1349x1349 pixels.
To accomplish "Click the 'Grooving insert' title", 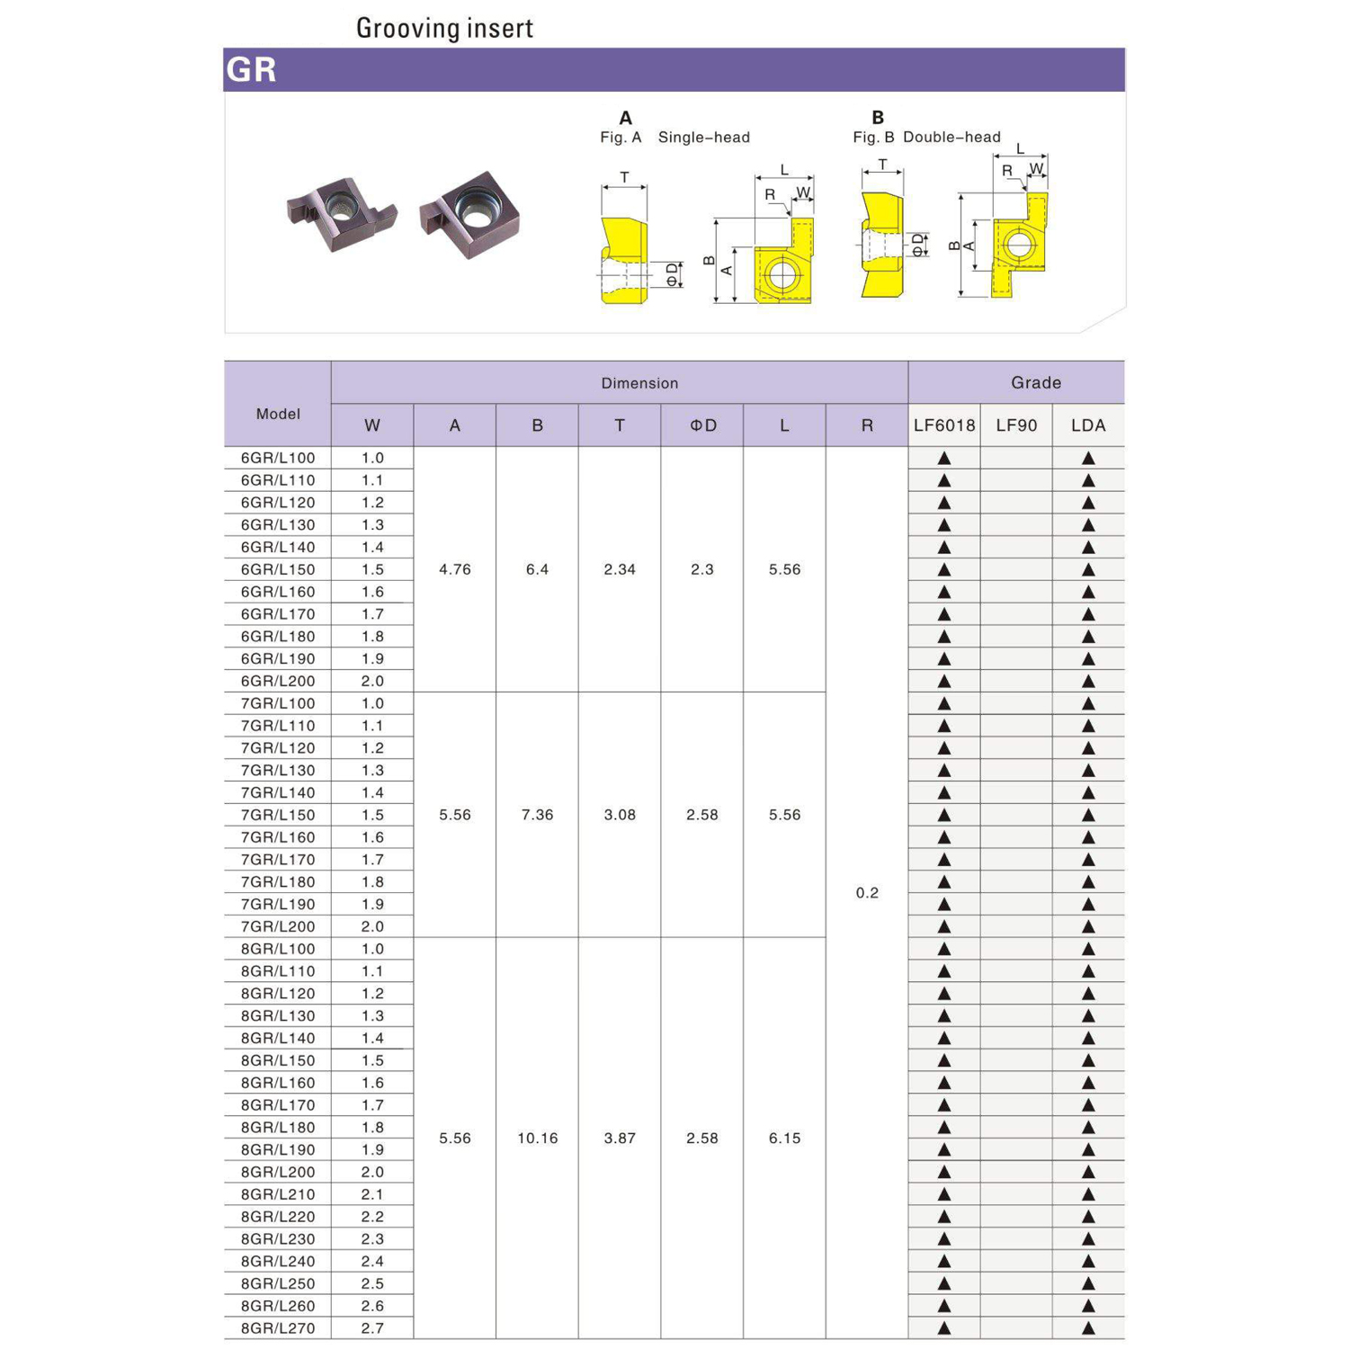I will pyautogui.click(x=444, y=28).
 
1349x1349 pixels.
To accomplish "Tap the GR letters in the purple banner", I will pyautogui.click(x=252, y=69).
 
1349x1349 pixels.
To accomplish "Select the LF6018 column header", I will pyautogui.click(x=943, y=425).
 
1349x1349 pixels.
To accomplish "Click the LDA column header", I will pyautogui.click(x=1088, y=425).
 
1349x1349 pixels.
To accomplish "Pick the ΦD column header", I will pyautogui.click(x=702, y=425).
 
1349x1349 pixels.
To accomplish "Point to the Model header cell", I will pyautogui.click(x=278, y=414).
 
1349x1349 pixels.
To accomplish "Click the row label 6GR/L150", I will pyautogui.click(x=278, y=569).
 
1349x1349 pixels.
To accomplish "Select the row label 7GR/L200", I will pyautogui.click(x=278, y=926).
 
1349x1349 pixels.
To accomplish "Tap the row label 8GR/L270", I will pyautogui.click(x=278, y=1328).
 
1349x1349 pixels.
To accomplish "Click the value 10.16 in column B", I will pyautogui.click(x=537, y=1139).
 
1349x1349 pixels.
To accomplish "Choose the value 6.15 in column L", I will pyautogui.click(x=784, y=1139).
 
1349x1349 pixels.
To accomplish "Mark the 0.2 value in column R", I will pyautogui.click(x=867, y=893).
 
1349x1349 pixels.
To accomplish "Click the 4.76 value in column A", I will pyautogui.click(x=454, y=569).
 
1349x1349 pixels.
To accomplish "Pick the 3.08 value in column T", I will pyautogui.click(x=620, y=815).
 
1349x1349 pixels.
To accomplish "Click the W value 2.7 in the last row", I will pyautogui.click(x=372, y=1328).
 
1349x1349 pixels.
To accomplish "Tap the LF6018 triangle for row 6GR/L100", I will pyautogui.click(x=944, y=458).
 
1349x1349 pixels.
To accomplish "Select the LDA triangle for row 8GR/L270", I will pyautogui.click(x=1088, y=1328).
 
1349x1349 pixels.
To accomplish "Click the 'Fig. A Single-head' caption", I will pyautogui.click(x=674, y=138).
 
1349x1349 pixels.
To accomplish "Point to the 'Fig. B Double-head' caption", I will pyautogui.click(x=926, y=138).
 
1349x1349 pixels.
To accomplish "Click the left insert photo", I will pyautogui.click(x=342, y=214).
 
